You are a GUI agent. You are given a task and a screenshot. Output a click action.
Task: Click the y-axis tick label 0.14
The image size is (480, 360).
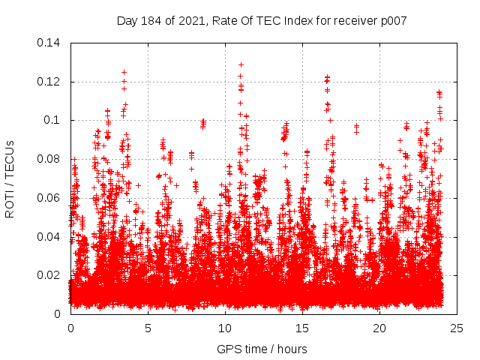[49, 43]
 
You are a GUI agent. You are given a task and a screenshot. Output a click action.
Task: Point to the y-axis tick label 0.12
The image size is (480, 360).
[49, 82]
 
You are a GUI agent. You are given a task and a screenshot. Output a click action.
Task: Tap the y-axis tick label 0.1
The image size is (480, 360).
[52, 120]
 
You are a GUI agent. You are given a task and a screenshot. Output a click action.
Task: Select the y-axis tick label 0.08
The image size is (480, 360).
[49, 159]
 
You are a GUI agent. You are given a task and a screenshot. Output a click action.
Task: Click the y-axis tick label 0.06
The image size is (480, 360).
[49, 198]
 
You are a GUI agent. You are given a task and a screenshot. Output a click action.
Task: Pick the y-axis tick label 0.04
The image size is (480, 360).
[49, 236]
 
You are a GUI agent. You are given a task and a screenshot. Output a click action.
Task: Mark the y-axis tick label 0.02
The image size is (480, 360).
[49, 275]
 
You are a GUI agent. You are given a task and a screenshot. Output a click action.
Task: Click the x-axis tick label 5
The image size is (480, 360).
[148, 328]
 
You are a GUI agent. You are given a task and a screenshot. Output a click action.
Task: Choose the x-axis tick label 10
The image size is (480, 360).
[225, 328]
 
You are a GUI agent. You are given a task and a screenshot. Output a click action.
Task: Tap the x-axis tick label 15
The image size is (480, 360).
[302, 328]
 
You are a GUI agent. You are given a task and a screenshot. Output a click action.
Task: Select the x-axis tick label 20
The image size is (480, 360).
[379, 328]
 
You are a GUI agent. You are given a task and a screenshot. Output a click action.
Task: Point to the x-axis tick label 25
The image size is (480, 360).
[457, 328]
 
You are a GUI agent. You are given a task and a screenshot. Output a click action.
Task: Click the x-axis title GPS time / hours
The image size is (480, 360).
[262, 349]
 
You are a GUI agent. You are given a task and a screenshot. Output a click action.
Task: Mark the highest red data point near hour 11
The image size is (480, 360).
[241, 64]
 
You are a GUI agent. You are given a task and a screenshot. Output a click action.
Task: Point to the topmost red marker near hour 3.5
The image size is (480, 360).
[124, 73]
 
